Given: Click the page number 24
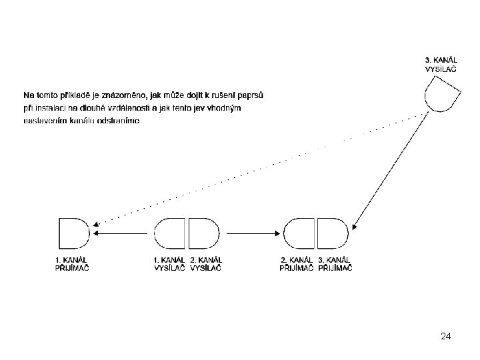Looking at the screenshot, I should tap(446, 337).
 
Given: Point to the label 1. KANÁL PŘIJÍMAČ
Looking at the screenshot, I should tap(71, 263).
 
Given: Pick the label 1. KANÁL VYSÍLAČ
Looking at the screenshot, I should tap(169, 263).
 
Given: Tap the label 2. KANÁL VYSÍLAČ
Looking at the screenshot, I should tap(206, 263).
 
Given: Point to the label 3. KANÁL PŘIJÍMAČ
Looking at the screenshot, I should tap(336, 263).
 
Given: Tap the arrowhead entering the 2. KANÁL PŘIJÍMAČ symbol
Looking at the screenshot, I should tap(278, 233).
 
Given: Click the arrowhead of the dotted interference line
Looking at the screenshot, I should tap(96, 224).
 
